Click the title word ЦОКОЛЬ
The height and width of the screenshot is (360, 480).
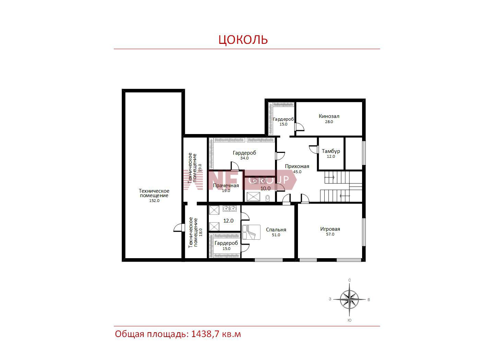243,39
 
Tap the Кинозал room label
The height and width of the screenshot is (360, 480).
329,116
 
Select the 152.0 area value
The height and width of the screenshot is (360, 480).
154,201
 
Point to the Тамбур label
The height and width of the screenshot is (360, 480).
331,151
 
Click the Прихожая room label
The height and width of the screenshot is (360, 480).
297,166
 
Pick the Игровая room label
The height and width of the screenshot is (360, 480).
330,229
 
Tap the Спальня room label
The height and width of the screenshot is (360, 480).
276,229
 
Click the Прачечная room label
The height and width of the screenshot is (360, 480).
226,185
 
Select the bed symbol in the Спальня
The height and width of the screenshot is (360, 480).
251,232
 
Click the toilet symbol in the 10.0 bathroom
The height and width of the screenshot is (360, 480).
267,198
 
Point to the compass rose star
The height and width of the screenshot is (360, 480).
349,299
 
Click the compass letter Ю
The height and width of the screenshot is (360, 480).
349,320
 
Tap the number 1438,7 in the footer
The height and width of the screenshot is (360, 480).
205,334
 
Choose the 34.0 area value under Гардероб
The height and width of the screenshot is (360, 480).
244,158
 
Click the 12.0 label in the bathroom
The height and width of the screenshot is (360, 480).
228,220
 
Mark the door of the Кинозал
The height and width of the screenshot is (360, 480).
299,127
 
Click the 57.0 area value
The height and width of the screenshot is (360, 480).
330,234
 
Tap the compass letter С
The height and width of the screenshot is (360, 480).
349,280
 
